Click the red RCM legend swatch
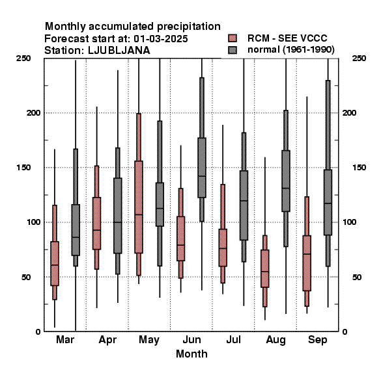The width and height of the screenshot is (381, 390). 233,38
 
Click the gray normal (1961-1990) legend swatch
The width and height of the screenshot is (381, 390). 233,50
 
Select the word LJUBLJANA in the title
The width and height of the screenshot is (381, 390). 119,51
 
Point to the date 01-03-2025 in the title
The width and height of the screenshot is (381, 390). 161,39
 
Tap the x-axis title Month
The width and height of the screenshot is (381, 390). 191,354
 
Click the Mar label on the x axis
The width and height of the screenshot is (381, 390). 65,339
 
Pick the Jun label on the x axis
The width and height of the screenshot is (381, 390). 191,339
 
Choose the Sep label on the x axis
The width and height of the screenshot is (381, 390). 317,340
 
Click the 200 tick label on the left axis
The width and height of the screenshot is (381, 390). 33,113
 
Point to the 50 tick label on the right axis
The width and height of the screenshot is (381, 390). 357,277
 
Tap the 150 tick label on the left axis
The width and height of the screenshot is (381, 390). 23,168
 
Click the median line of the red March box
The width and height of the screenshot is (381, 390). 55,265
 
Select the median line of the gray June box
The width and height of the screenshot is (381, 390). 202,176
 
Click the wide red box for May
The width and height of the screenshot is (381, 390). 139,207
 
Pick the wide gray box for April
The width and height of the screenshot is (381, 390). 118,216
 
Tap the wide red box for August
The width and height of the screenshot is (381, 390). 265,268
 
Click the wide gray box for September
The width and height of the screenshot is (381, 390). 328,202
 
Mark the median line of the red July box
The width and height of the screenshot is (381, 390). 223,248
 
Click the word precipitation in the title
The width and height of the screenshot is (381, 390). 189,27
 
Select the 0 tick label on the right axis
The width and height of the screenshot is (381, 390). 345,331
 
